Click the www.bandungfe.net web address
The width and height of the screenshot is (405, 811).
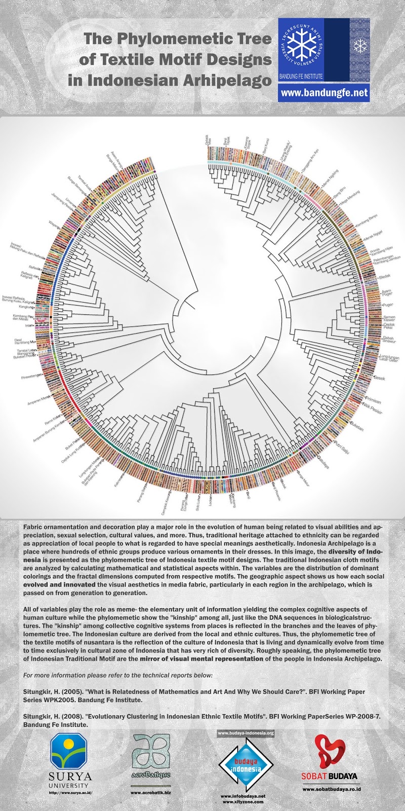pyautogui.click(x=323, y=93)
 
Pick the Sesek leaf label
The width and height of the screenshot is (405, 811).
pyautogui.click(x=380, y=378)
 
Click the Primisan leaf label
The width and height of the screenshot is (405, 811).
pyautogui.click(x=373, y=400)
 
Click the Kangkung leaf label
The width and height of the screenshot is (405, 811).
pyautogui.click(x=25, y=307)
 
